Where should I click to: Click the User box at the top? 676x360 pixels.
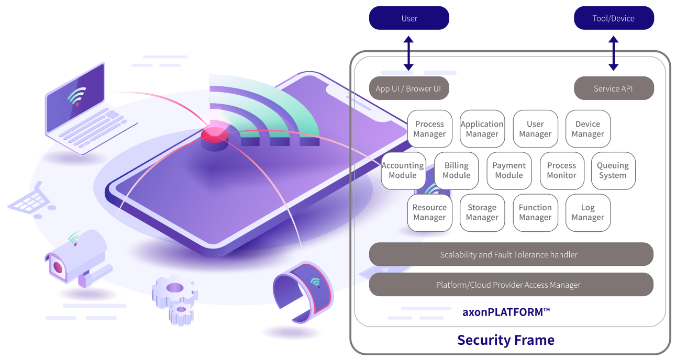coord(409,18)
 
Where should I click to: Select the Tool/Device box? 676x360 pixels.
coord(614,18)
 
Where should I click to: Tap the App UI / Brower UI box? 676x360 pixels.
coord(408,88)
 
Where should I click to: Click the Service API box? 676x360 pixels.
coord(614,88)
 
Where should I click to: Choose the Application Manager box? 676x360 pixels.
coord(482,129)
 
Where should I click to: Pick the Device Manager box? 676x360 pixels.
coord(588,129)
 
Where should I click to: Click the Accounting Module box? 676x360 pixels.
coord(403,170)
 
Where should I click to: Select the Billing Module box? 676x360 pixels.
coord(456,170)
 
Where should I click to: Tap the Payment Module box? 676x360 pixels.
coord(509,170)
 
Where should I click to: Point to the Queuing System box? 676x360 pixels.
coord(613,170)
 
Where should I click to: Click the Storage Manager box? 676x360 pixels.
coord(482,212)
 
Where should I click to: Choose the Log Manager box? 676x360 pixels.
coord(588,212)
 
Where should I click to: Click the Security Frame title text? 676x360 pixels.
coord(506,340)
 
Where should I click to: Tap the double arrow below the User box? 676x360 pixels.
coord(408,53)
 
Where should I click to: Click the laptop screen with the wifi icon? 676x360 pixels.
coord(76,97)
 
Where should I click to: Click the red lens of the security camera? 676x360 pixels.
coord(58,268)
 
